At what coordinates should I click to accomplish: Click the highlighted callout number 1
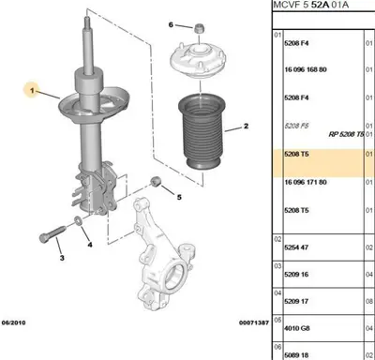coord(31,91)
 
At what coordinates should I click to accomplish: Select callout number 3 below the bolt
coord(60,258)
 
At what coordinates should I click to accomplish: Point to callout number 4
coord(90,246)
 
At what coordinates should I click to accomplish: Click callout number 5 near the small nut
coord(178,197)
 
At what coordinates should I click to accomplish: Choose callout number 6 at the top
coord(171,23)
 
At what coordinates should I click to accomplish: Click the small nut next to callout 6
coord(200,24)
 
